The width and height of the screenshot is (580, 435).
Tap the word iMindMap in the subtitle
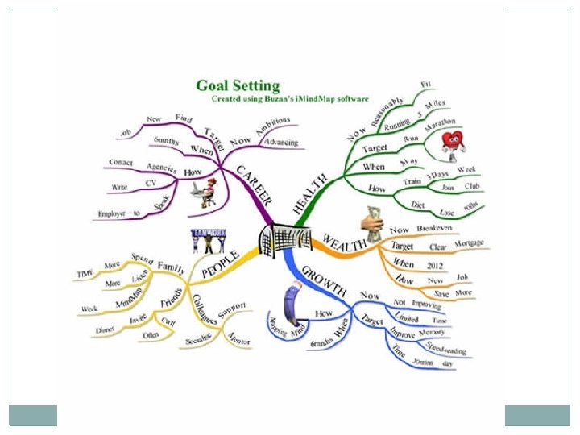click(x=308, y=98)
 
